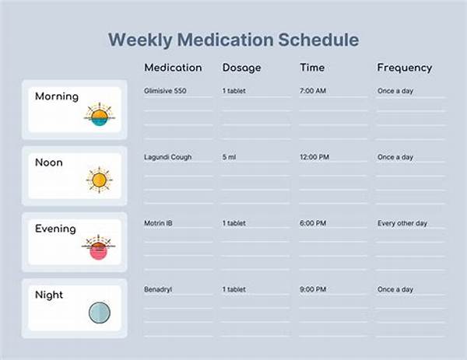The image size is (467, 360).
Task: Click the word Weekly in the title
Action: [x=140, y=40]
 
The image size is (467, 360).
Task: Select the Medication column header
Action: [x=173, y=68]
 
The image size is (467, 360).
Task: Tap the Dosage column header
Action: [x=241, y=68]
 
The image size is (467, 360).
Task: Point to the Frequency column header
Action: [x=405, y=68]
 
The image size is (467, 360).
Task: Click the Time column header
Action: [x=312, y=68]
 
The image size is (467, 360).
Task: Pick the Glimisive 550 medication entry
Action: [x=165, y=91]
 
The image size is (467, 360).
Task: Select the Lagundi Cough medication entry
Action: [x=167, y=157]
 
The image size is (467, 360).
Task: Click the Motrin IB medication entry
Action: [x=158, y=223]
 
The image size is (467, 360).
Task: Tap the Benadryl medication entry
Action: [x=158, y=289]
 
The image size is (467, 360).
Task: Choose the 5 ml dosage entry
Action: [x=229, y=157]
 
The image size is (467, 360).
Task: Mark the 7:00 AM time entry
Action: [x=313, y=91]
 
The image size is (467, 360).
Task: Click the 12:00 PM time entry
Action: [x=314, y=157]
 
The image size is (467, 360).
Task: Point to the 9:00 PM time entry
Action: [x=313, y=289]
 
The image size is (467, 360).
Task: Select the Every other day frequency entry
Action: [x=402, y=223]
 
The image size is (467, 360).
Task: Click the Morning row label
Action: [x=57, y=96]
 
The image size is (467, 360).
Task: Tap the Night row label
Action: [x=49, y=295]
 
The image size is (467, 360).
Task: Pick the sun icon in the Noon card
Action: [x=99, y=180]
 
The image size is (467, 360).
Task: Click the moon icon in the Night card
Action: [x=100, y=313]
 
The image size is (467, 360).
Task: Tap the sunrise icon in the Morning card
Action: [x=100, y=114]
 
